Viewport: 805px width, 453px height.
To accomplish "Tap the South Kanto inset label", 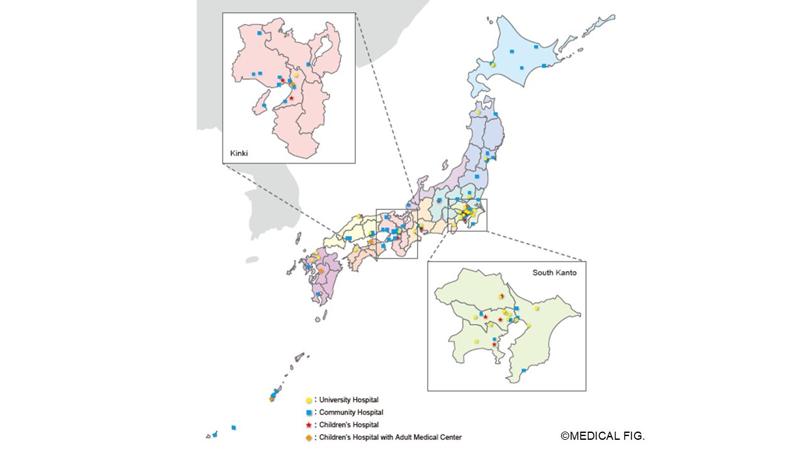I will pos(554,272).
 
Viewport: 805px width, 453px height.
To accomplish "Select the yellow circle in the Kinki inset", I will pos(296,75).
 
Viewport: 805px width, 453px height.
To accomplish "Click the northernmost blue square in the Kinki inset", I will pos(259,32).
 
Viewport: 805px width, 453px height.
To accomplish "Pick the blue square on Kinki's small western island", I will pos(264,105).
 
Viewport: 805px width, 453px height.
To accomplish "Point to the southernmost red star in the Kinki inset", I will pos(291,98).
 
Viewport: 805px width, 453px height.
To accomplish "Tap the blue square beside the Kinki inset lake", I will pos(308,64).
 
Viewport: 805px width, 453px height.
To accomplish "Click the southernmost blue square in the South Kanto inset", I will pos(523,371).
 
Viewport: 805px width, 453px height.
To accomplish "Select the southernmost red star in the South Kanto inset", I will pos(494,344).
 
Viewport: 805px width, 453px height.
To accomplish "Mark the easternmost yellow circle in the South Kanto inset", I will pos(536,308).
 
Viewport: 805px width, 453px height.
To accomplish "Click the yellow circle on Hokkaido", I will pos(493,64).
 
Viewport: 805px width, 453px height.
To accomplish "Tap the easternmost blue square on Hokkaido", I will pos(543,65).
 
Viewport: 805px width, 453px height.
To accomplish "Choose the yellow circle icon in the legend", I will pos(308,400).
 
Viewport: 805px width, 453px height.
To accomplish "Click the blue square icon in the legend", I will pos(308,413).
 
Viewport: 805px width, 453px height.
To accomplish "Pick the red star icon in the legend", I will pos(308,425).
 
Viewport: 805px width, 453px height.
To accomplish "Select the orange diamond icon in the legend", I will pos(308,437).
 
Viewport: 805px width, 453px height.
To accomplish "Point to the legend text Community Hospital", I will pos(351,413).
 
